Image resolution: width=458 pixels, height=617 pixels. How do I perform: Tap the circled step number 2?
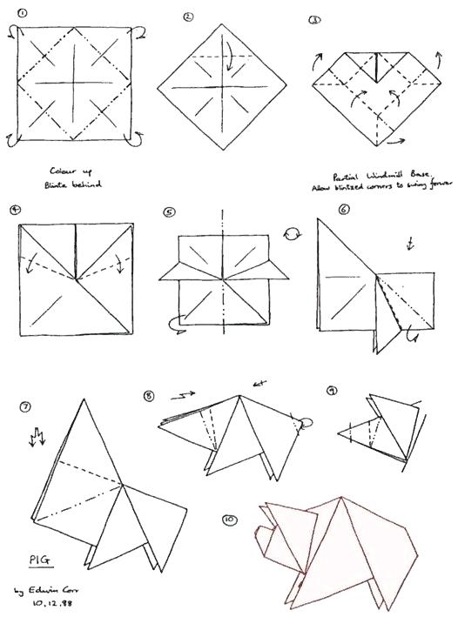coord(187,17)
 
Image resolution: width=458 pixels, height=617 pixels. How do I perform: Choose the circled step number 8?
coord(149,396)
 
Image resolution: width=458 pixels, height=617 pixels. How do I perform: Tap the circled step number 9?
coord(332,391)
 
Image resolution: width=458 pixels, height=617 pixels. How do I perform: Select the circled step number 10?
coord(229,520)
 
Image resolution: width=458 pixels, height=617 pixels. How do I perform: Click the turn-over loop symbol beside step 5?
coord(293,233)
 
